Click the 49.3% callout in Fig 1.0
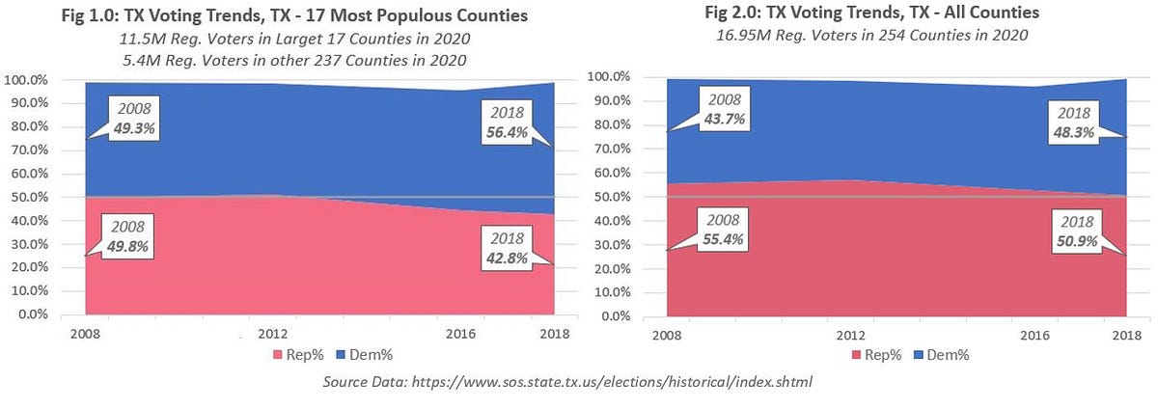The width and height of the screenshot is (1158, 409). click(132, 118)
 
